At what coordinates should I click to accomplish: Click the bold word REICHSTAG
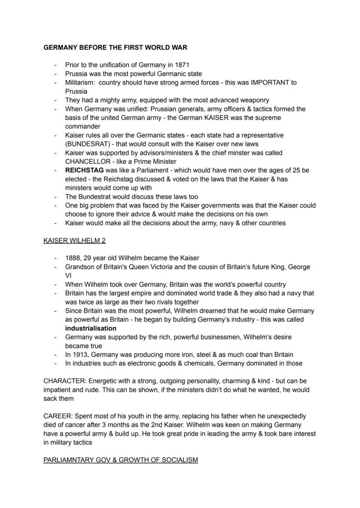tap(84, 170)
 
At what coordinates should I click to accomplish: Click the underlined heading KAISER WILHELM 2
tap(74, 240)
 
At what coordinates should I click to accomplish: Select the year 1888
tap(73, 258)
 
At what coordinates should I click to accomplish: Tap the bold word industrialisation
tap(91, 328)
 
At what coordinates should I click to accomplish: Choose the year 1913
tap(81, 355)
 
